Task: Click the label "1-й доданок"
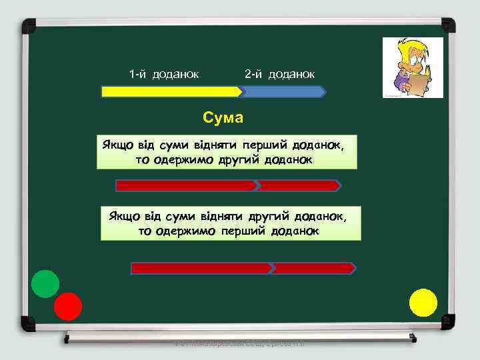164,73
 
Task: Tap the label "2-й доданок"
280,73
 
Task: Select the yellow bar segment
170,91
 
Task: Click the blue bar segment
283,91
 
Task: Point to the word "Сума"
223,118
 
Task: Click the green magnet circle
45,284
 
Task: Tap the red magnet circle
67,306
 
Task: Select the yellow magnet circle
423,302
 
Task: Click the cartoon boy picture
412,67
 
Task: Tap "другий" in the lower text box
268,215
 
